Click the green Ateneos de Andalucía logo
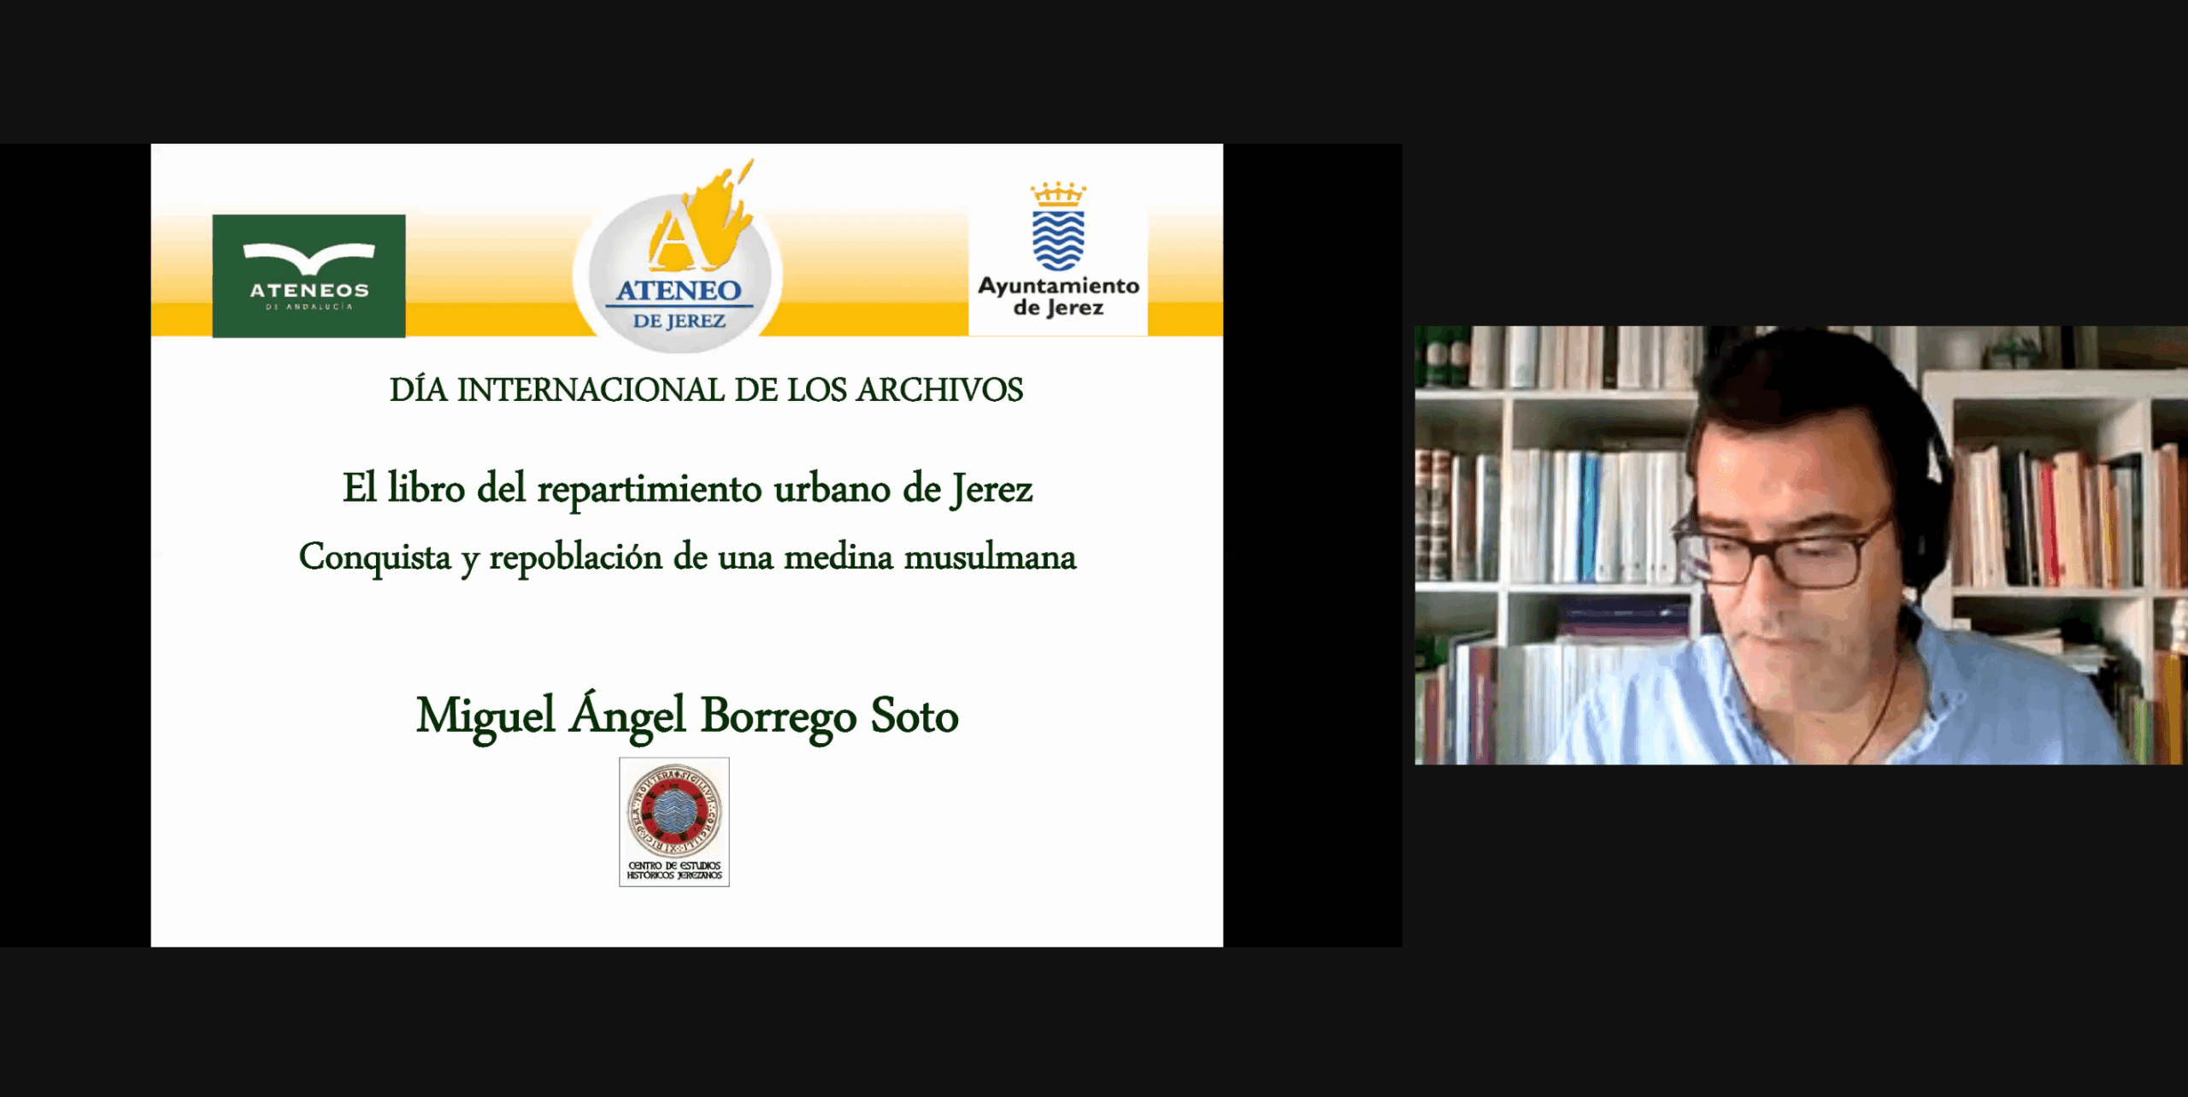(x=309, y=275)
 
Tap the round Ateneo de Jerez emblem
(x=679, y=274)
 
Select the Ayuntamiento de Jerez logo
(x=1058, y=257)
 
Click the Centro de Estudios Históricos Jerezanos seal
(x=674, y=821)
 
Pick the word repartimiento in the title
(x=649, y=490)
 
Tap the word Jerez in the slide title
(x=992, y=490)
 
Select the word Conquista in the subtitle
(x=374, y=557)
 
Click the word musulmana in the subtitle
(x=990, y=557)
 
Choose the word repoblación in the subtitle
(x=575, y=557)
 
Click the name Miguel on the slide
(x=485, y=716)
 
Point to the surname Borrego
(x=778, y=717)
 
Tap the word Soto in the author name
(x=914, y=716)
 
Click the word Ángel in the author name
(x=627, y=716)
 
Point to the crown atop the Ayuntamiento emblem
(x=1058, y=195)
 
